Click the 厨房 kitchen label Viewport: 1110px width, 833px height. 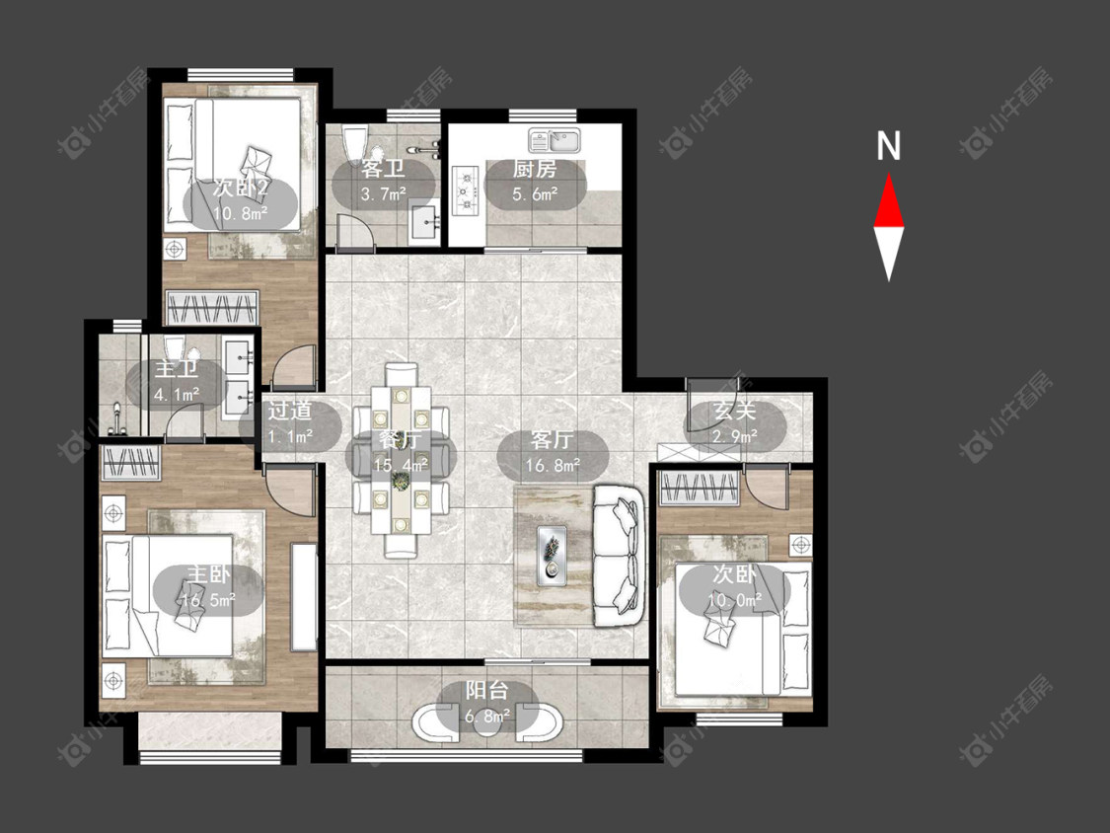point(535,169)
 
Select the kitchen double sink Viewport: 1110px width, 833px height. point(555,139)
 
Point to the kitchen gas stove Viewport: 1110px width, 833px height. point(467,189)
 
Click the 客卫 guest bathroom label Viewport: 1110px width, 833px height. point(382,169)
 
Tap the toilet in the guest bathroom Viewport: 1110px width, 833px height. point(354,144)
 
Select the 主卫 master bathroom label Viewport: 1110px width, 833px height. point(177,369)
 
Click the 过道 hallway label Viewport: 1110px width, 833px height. point(289,411)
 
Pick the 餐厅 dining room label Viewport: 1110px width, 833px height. point(400,439)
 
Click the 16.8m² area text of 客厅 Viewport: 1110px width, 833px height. point(553,465)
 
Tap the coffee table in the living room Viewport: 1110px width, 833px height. point(553,556)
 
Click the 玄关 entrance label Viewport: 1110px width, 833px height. point(735,411)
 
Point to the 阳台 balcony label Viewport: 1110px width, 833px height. point(487,691)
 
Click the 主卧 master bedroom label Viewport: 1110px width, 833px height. point(209,573)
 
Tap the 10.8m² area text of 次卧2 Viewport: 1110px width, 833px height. point(242,212)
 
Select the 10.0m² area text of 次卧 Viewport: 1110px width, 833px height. point(735,601)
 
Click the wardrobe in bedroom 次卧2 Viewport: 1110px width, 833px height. point(211,309)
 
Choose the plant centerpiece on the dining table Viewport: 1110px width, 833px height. point(400,482)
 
